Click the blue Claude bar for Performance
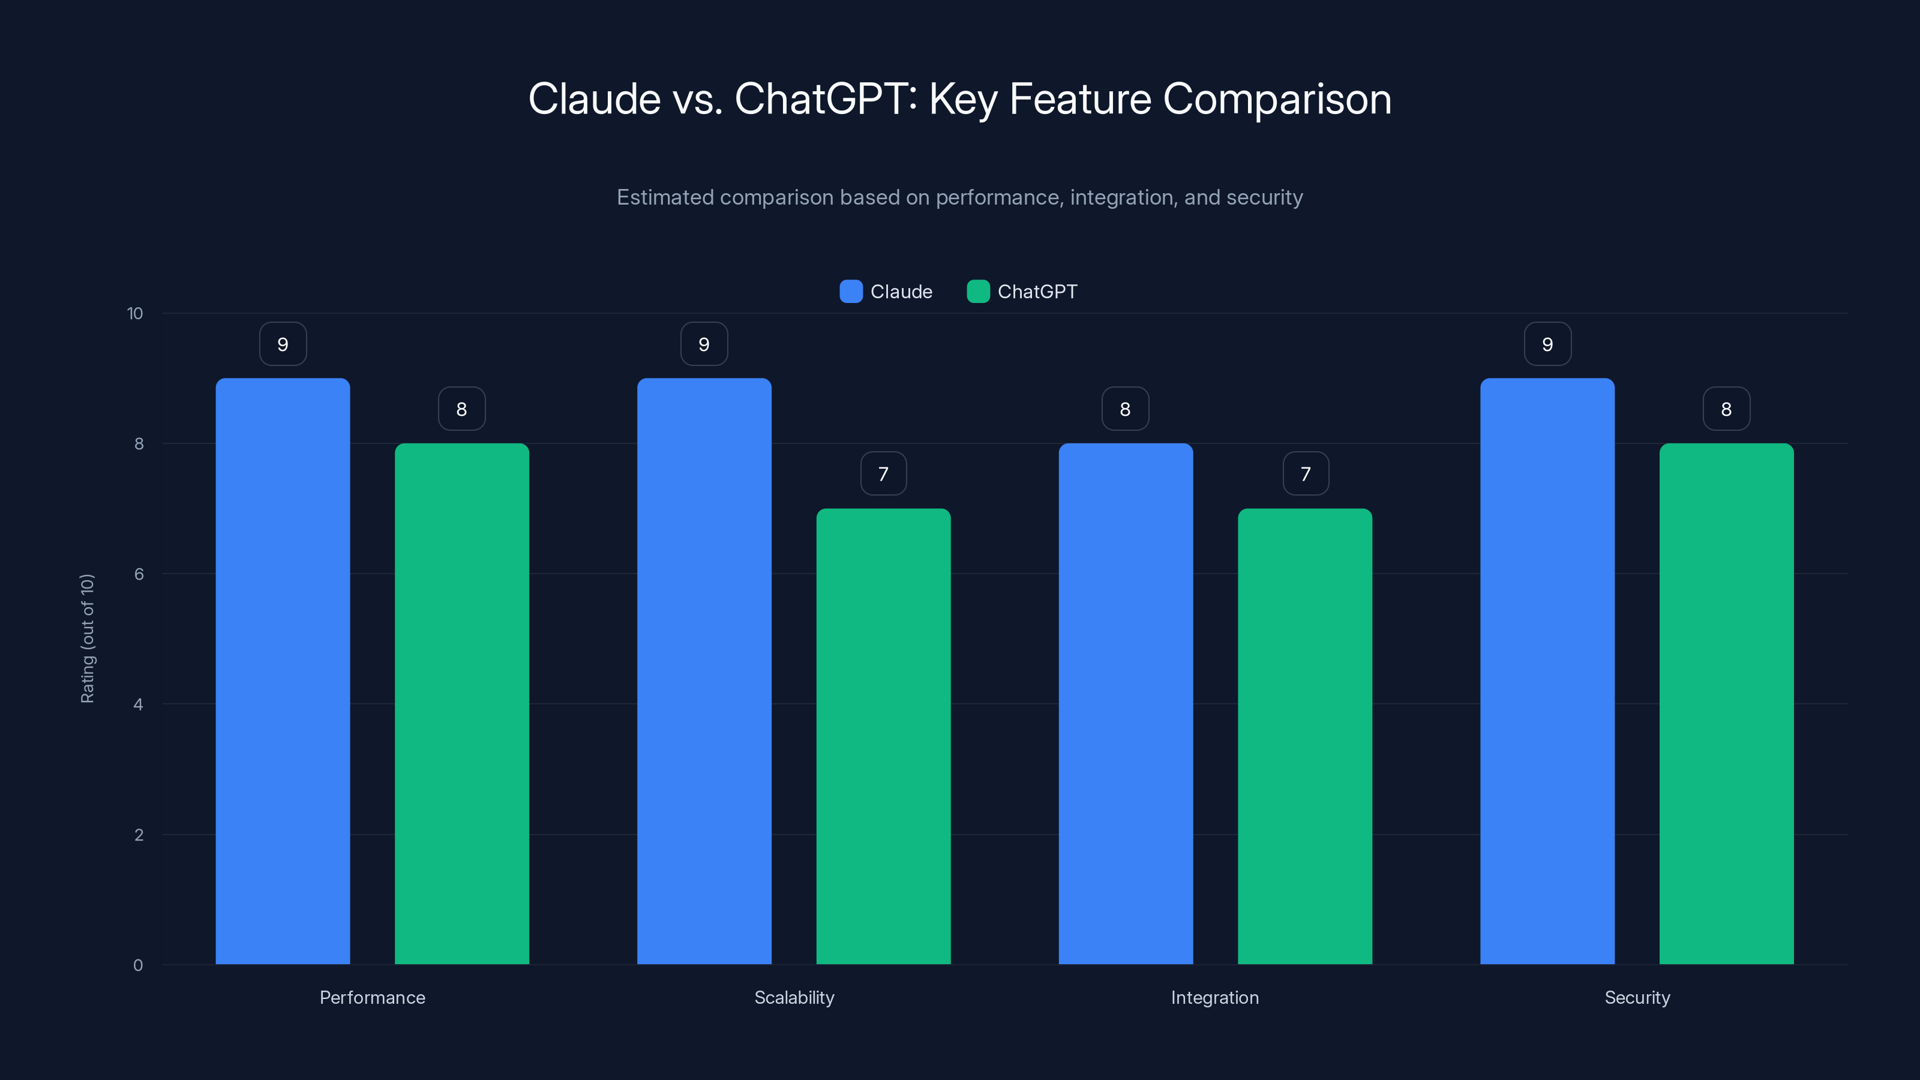[283, 671]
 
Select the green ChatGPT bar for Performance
[461, 704]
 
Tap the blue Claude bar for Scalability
[704, 671]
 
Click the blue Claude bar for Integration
[1126, 704]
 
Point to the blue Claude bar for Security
[1547, 671]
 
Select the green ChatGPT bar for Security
[1726, 704]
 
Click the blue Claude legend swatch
[850, 292]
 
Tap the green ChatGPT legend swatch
[978, 292]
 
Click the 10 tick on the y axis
[135, 313]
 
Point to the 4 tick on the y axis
[138, 704]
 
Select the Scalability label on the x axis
[794, 997]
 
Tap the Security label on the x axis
[1637, 997]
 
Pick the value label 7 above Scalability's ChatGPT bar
[883, 473]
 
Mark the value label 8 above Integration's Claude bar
[1126, 409]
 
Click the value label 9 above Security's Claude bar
[1547, 344]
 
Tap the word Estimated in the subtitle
[665, 197]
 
